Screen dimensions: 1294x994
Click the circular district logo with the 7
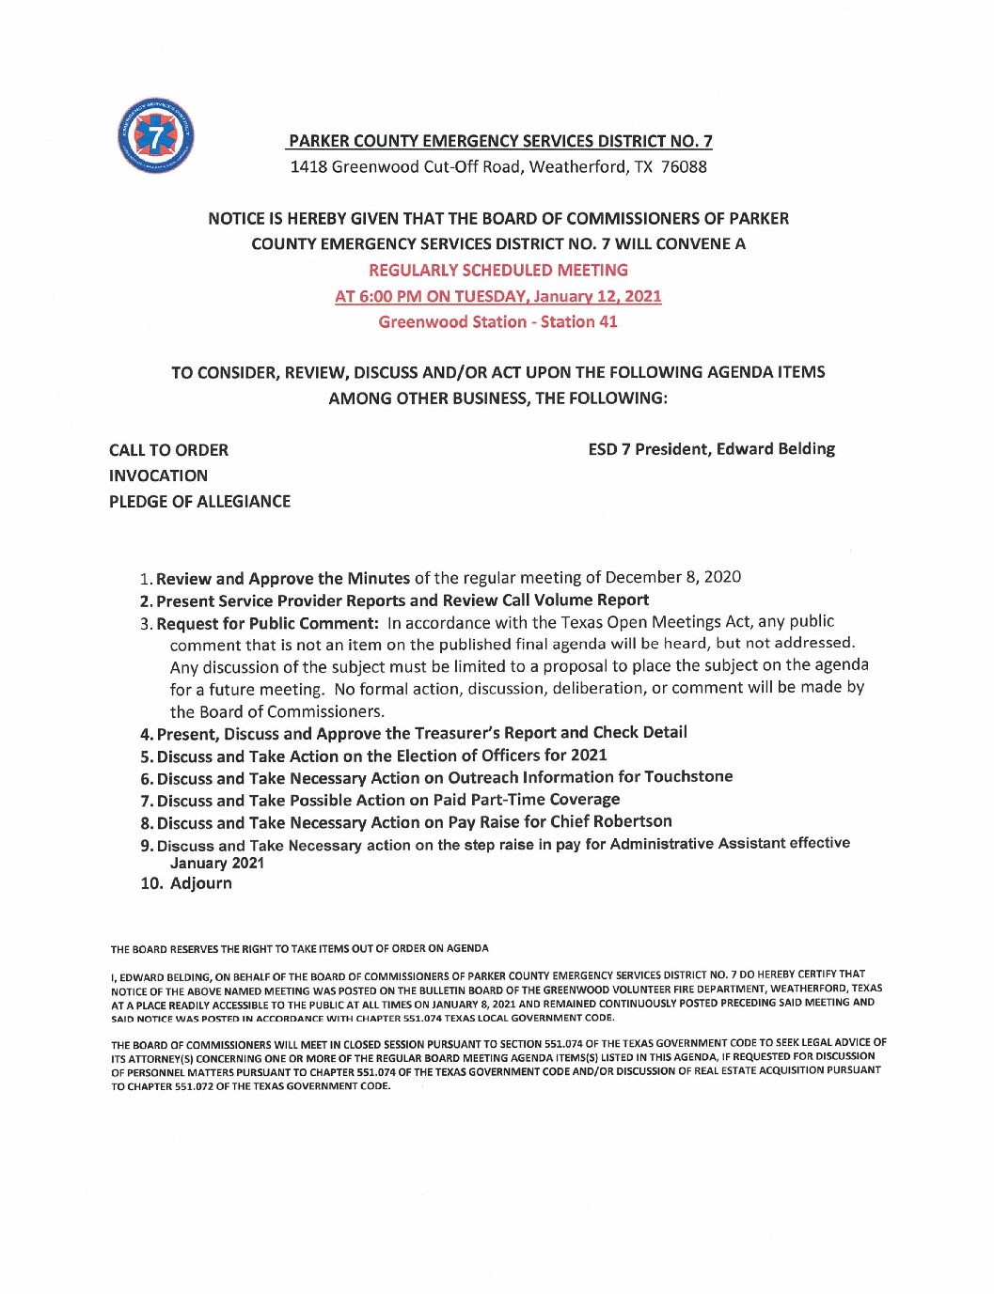(x=156, y=136)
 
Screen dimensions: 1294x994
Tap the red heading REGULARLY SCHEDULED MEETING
(x=498, y=271)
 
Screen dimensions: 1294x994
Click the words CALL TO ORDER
(x=168, y=450)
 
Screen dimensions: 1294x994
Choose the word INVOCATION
(x=158, y=476)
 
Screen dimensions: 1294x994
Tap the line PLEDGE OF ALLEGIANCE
(x=199, y=502)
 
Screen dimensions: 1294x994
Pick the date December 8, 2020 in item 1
(x=673, y=577)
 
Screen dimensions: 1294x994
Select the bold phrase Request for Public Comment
(x=267, y=623)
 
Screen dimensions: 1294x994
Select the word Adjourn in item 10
(x=201, y=883)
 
